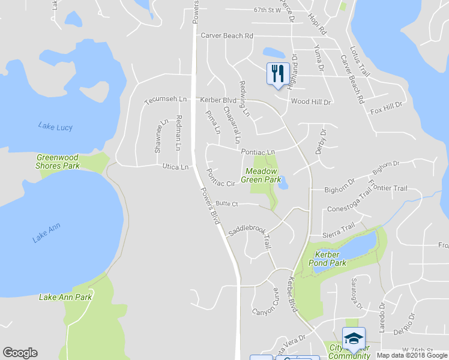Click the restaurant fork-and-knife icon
click(x=277, y=74)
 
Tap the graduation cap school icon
click(x=353, y=338)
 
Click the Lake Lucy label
click(x=55, y=127)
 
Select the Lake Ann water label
click(x=46, y=233)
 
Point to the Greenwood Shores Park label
click(x=58, y=161)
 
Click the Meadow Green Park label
click(x=261, y=175)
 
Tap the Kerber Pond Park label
click(x=327, y=259)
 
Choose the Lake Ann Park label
click(x=65, y=297)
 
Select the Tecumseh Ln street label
click(x=166, y=100)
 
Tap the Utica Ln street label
click(x=175, y=167)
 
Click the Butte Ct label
click(x=227, y=204)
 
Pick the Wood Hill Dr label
click(x=311, y=102)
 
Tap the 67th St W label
click(x=267, y=10)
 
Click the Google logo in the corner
click(x=20, y=353)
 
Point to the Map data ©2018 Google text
click(x=412, y=355)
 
